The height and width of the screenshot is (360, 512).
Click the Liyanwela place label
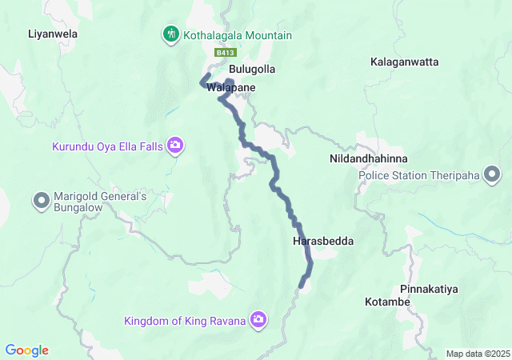pyautogui.click(x=53, y=34)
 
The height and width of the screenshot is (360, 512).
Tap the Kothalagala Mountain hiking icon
pyautogui.click(x=170, y=34)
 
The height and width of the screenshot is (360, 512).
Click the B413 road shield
pyautogui.click(x=224, y=53)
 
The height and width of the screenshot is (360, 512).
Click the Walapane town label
pyautogui.click(x=231, y=87)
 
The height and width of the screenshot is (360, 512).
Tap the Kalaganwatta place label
pyautogui.click(x=403, y=62)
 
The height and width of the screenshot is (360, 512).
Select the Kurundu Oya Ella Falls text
pyautogui.click(x=106, y=146)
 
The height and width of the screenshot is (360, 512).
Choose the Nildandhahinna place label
pyautogui.click(x=368, y=159)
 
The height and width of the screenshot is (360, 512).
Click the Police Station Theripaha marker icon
pyautogui.click(x=492, y=174)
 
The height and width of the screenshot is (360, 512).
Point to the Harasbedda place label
pyautogui.click(x=323, y=241)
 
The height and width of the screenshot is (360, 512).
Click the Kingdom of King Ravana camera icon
pyautogui.click(x=258, y=321)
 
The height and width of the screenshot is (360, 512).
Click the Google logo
pyautogui.click(x=26, y=350)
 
